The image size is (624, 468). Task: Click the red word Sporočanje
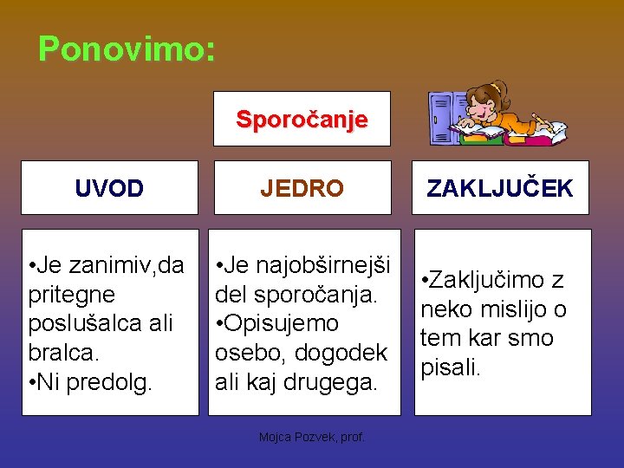(x=302, y=119)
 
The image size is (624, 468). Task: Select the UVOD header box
(x=109, y=188)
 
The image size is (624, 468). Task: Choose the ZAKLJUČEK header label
(x=501, y=188)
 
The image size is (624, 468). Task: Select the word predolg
(x=105, y=381)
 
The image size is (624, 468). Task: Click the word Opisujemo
(x=281, y=323)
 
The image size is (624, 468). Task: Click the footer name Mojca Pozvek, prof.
(x=312, y=438)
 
